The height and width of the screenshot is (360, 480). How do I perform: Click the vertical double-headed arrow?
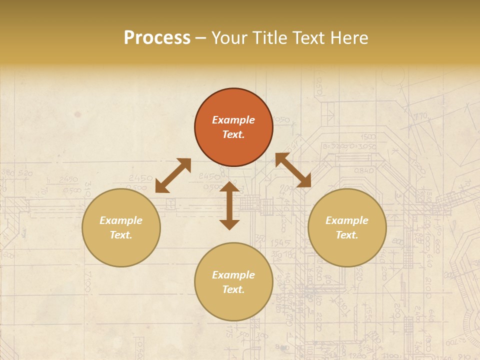(x=229, y=205)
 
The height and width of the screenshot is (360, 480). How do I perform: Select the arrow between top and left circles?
(x=173, y=175)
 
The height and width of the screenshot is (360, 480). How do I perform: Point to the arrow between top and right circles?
(x=293, y=170)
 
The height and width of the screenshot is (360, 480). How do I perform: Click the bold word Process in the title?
(x=157, y=37)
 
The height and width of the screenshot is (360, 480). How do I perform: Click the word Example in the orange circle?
(x=233, y=120)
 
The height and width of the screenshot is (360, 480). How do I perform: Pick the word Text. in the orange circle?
(x=233, y=134)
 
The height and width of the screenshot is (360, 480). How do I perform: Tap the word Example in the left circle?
(x=121, y=220)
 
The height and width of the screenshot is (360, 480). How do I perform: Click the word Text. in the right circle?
(x=347, y=235)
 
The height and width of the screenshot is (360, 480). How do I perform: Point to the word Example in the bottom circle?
(x=233, y=275)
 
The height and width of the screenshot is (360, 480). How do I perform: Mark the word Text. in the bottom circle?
(x=233, y=289)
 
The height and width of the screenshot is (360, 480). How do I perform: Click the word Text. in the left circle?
(x=121, y=235)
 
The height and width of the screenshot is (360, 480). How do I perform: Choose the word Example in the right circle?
(x=347, y=220)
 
